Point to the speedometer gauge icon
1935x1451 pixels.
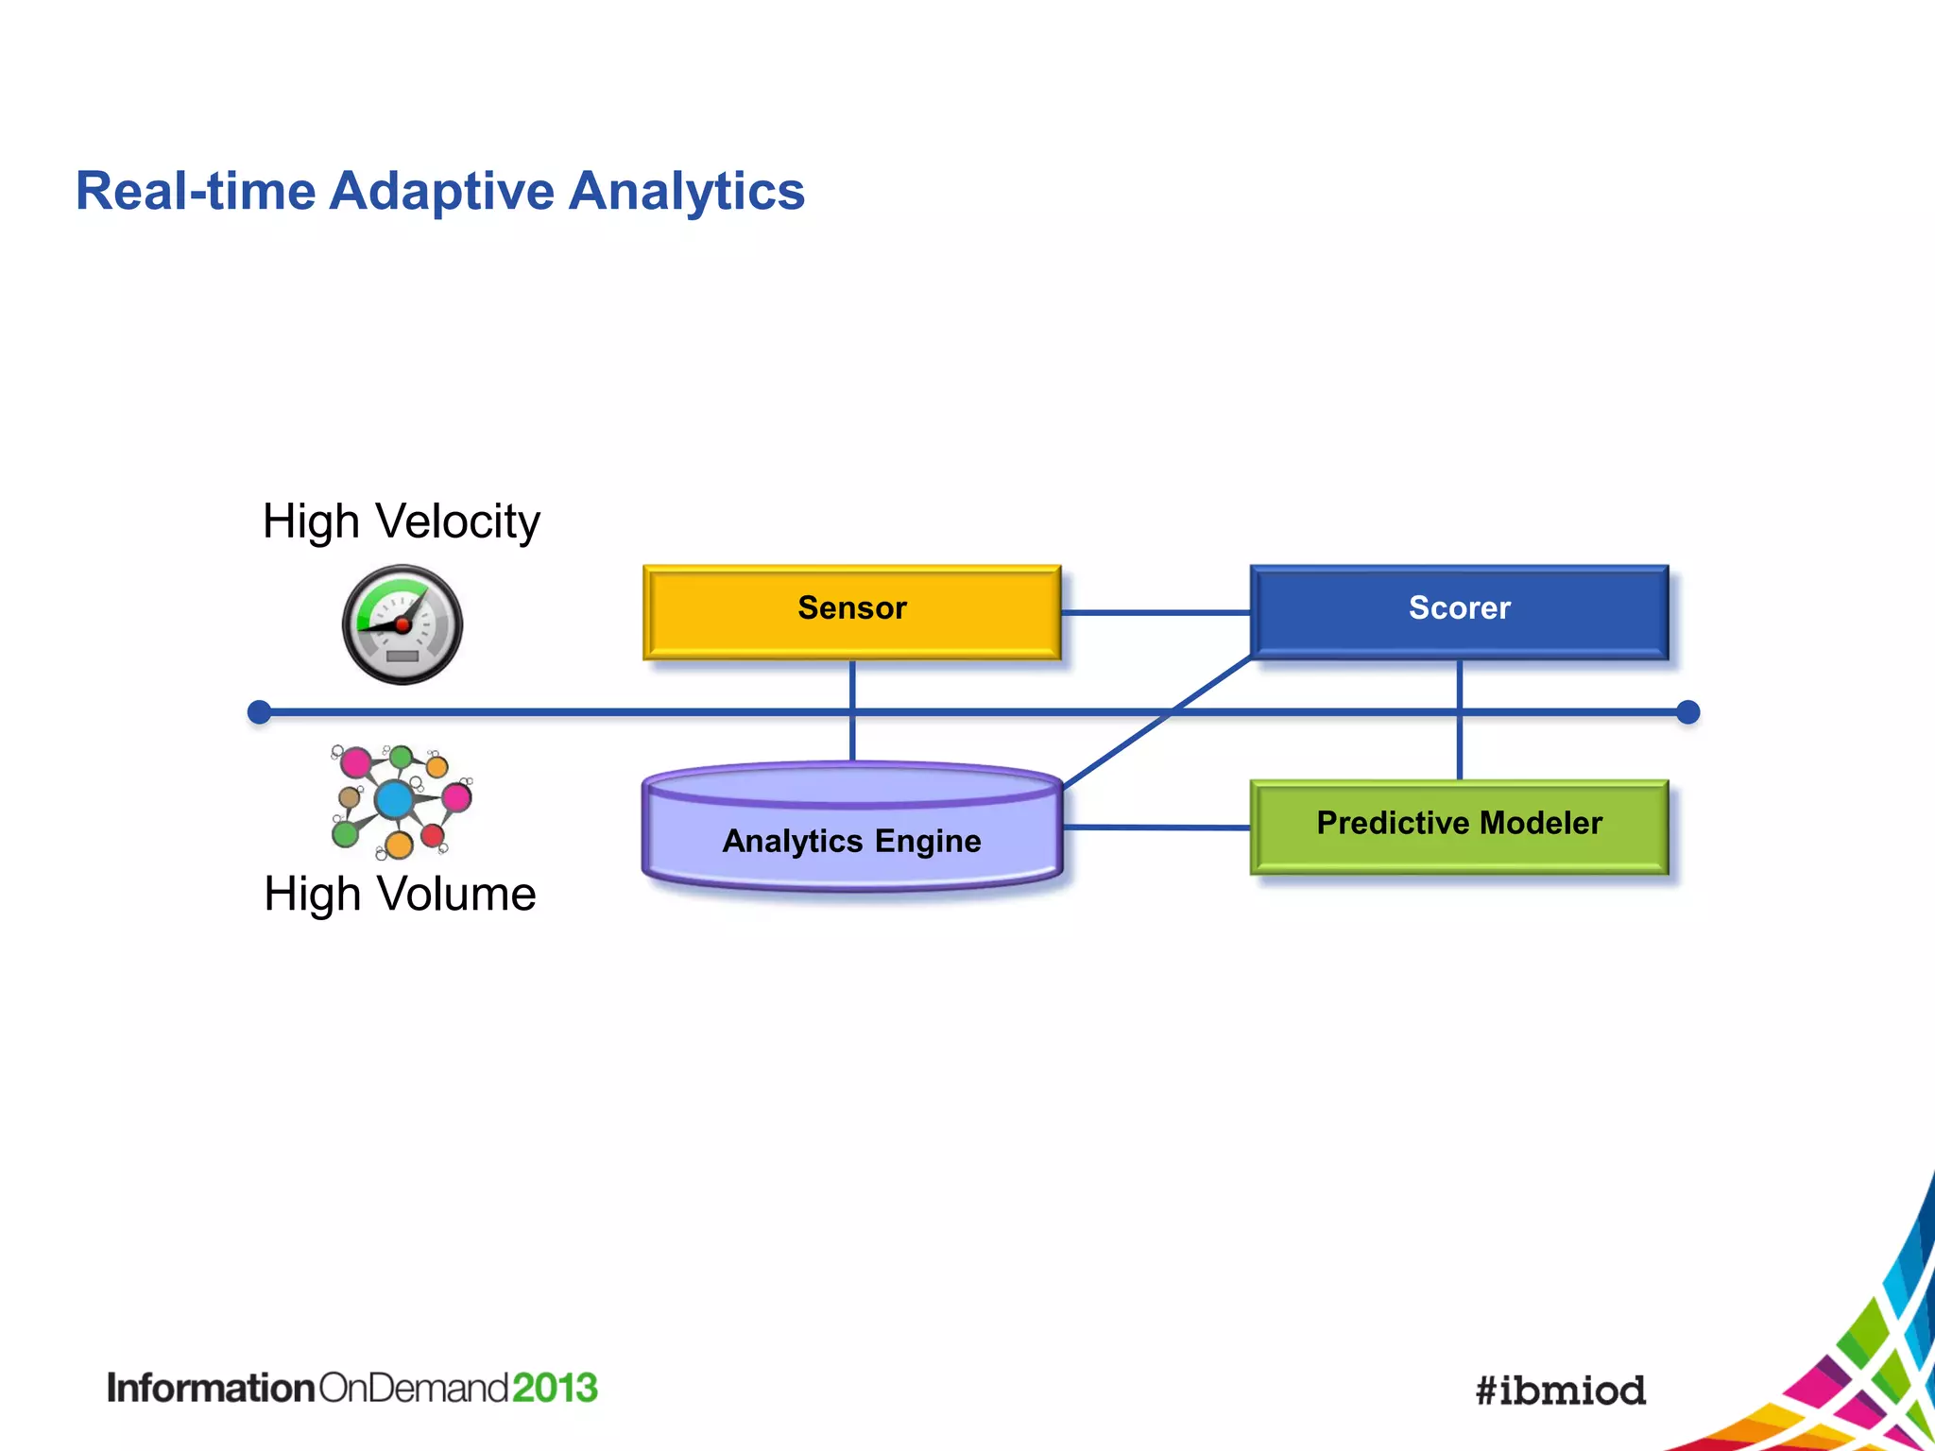pos(402,624)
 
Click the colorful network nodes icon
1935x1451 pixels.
pos(401,801)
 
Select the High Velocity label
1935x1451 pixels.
pos(401,521)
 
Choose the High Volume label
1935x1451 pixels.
pos(400,894)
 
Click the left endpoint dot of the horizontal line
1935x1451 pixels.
pos(259,712)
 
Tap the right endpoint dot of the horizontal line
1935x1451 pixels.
pos(1687,712)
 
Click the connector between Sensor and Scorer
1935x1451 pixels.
pos(1155,613)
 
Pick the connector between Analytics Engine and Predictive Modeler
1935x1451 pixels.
pos(1155,828)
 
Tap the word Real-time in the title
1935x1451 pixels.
pos(196,192)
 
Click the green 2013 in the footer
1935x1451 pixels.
pos(555,1388)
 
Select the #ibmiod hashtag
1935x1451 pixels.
pos(1560,1391)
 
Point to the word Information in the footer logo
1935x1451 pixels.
pos(210,1388)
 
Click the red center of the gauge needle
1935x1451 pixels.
pos(402,624)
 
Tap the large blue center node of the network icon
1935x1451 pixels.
pos(394,800)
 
